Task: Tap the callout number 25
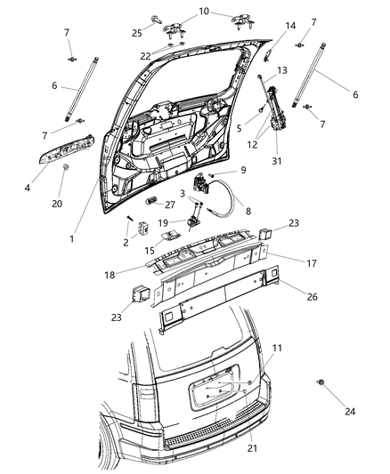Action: point(162,34)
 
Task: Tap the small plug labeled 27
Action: point(150,190)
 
